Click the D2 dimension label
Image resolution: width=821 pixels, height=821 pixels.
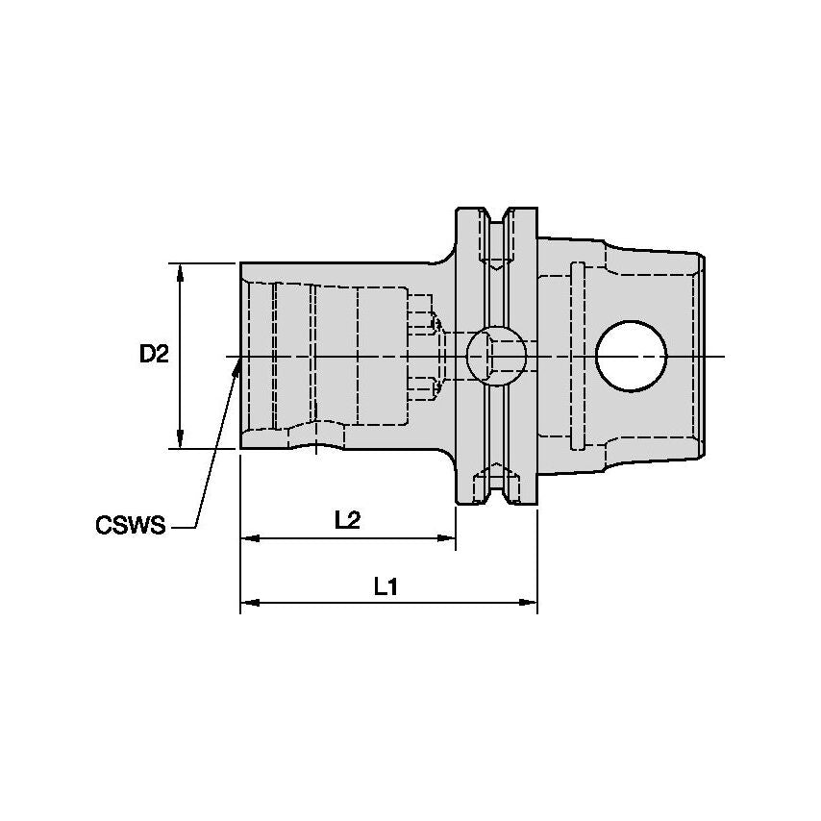click(x=154, y=355)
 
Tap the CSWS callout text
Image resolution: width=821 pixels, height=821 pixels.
click(x=130, y=526)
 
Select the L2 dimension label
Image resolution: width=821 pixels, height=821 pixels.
click(x=347, y=520)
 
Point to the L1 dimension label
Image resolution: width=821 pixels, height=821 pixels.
click(x=386, y=586)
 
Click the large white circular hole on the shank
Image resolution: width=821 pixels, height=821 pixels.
click(x=631, y=356)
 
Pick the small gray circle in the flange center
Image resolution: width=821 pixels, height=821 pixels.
click(x=496, y=355)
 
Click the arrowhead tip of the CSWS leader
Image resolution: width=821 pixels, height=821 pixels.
click(x=237, y=362)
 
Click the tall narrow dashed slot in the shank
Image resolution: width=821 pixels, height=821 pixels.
click(x=577, y=355)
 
